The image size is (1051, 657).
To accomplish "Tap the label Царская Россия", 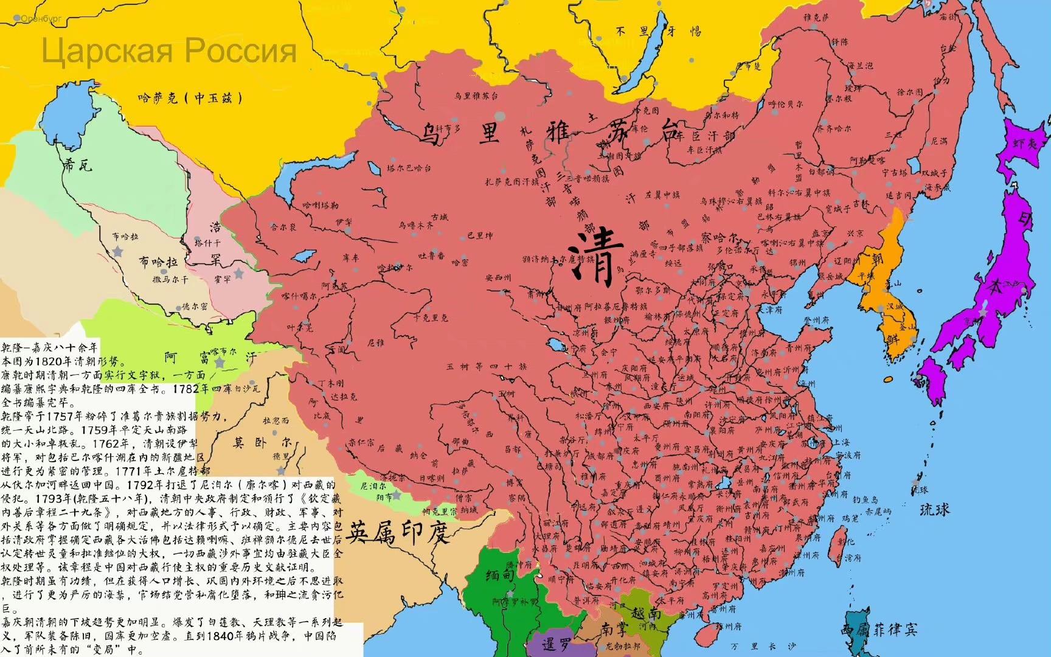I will click(x=169, y=50).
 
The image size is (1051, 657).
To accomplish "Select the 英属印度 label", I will click(x=398, y=534).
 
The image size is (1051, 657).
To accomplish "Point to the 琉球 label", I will click(x=934, y=509).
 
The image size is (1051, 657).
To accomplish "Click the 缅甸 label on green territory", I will click(x=500, y=574).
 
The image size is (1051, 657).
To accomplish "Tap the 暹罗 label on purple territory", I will click(x=550, y=644).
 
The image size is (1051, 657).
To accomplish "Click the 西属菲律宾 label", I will click(x=879, y=629).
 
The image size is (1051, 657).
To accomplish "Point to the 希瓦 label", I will click(x=78, y=164).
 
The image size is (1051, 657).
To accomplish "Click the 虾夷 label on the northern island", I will click(x=1025, y=144).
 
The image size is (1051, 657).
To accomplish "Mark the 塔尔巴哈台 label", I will click(x=409, y=169).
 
